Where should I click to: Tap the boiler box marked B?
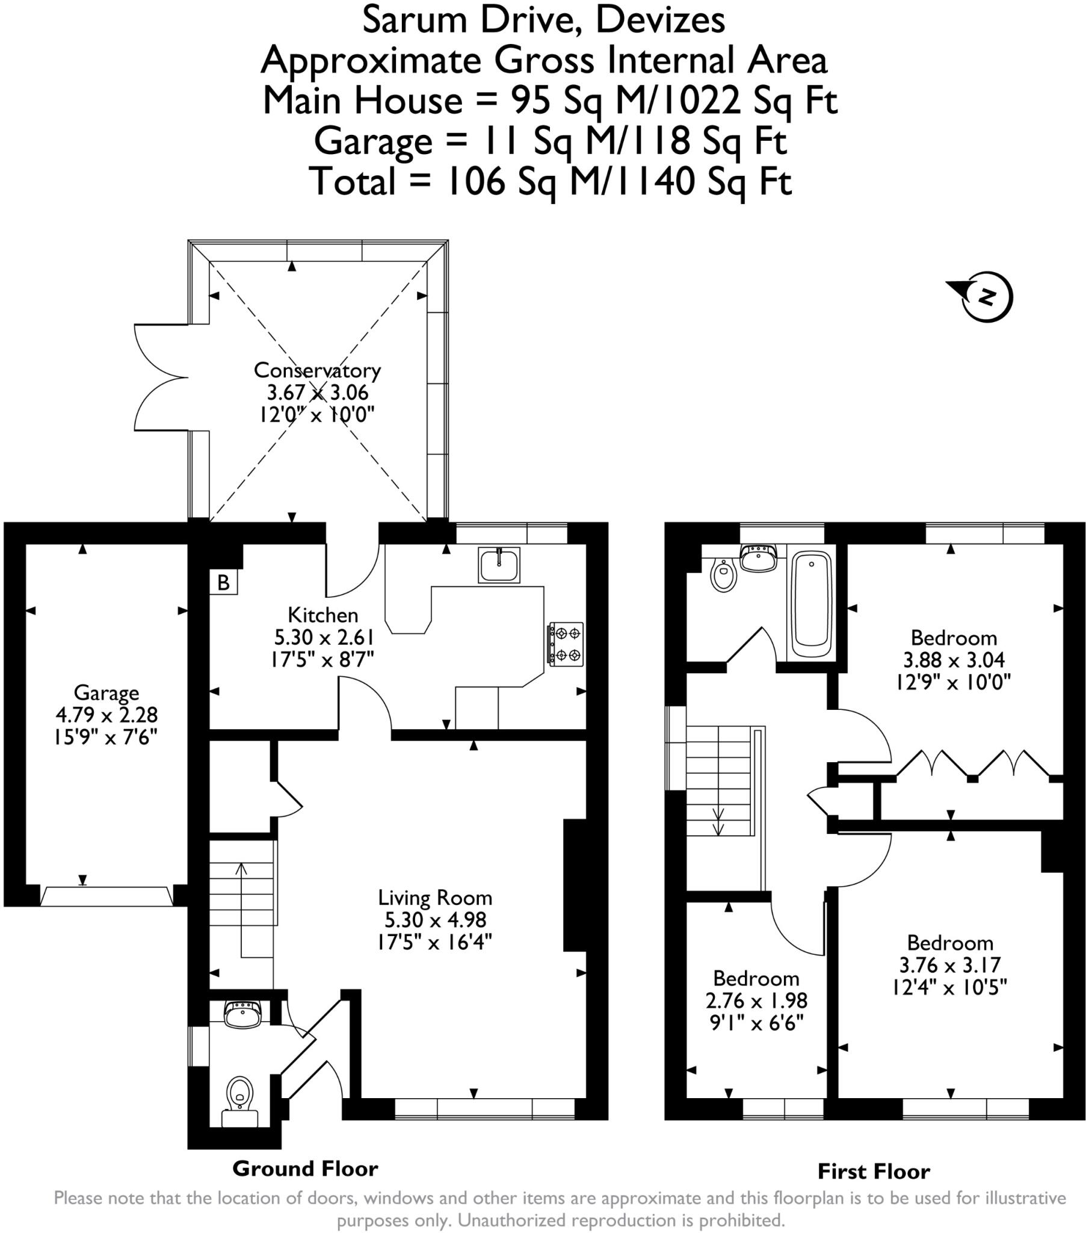(x=223, y=583)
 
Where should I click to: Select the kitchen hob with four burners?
(x=566, y=644)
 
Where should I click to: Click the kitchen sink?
(x=499, y=565)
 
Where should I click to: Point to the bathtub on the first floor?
(x=811, y=604)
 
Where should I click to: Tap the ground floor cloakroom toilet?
(x=240, y=1094)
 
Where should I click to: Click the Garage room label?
(x=106, y=692)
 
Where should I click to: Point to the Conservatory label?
(x=317, y=370)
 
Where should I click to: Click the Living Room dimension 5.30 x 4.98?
(x=436, y=919)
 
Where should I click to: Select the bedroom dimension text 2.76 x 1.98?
(x=756, y=1000)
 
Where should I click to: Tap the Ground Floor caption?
(x=305, y=1169)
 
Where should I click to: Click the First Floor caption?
(x=873, y=1172)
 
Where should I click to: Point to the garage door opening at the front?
(x=106, y=895)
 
